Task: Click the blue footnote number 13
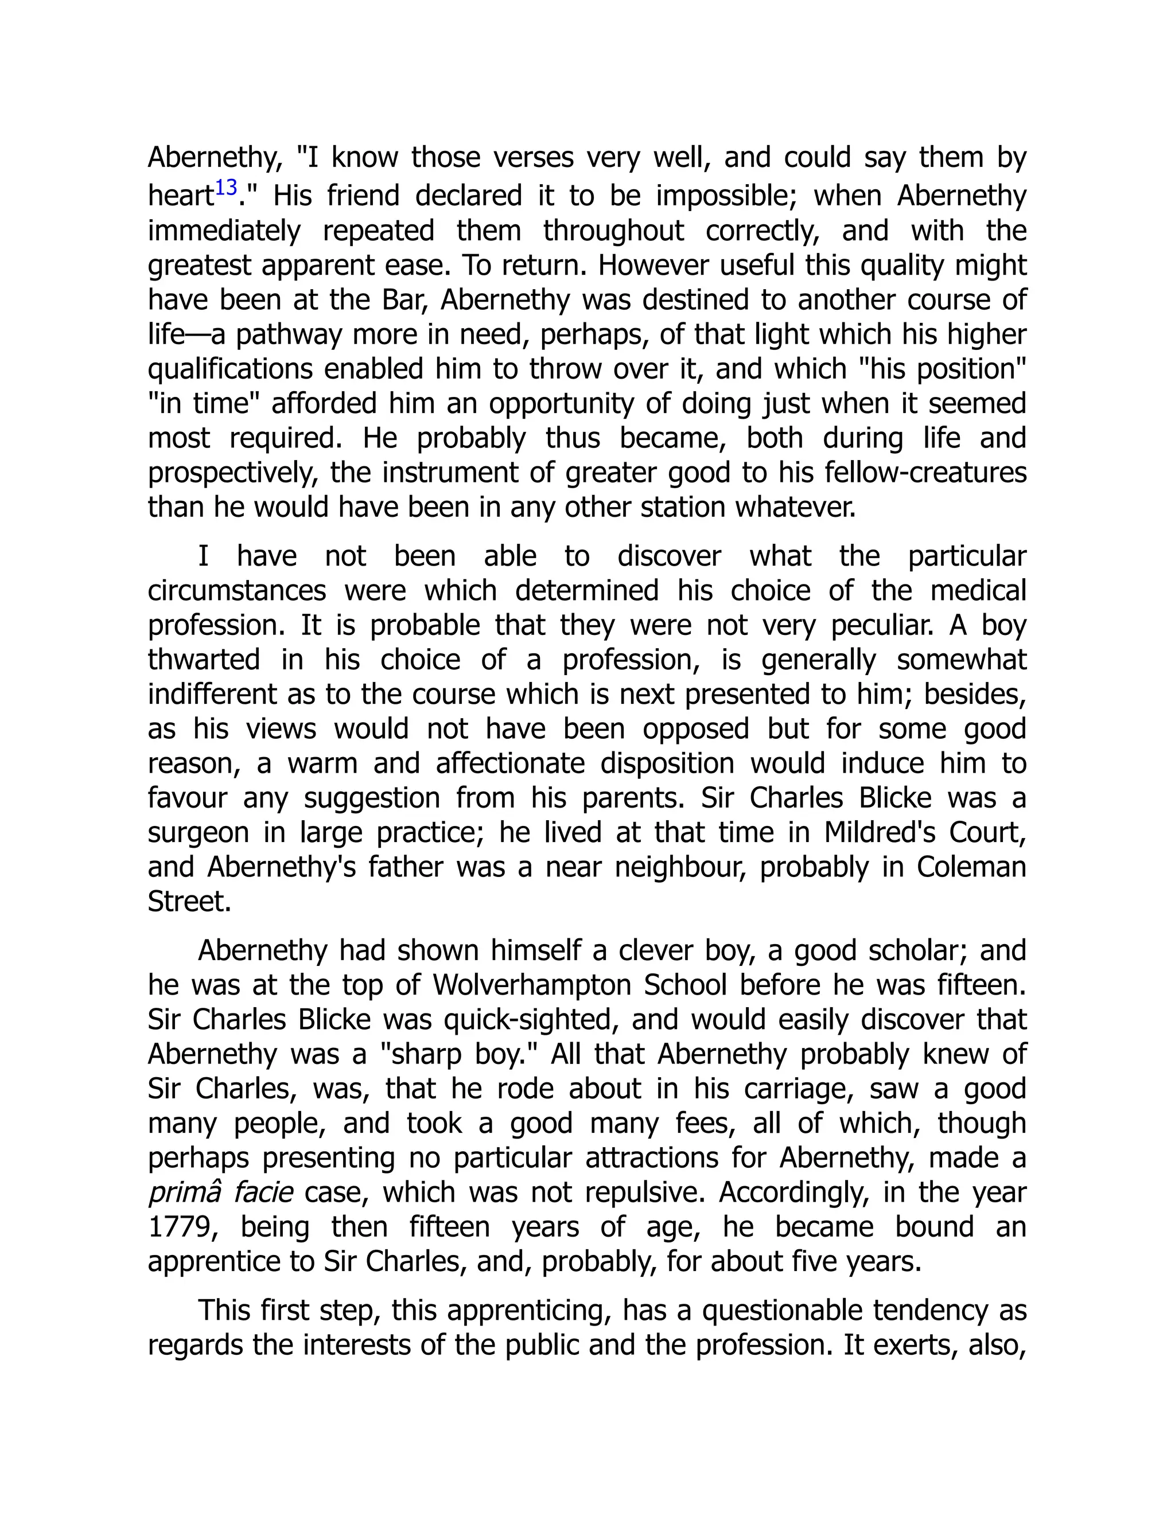226,188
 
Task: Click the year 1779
180,1226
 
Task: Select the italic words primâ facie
220,1192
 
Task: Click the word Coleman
971,867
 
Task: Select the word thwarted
204,660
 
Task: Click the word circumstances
237,591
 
